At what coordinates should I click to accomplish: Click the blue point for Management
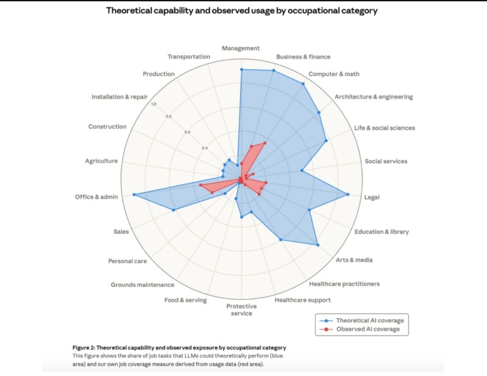coord(241,69)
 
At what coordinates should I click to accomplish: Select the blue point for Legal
coord(348,194)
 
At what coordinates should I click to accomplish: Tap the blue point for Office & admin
coord(134,194)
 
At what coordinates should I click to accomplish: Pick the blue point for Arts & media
coord(318,245)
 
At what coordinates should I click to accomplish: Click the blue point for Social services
coord(301,171)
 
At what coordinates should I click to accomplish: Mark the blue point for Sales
coord(174,210)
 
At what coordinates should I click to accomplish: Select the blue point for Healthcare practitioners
coord(281,240)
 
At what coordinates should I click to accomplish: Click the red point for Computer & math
coord(265,143)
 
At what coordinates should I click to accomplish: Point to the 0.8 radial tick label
coord(168,116)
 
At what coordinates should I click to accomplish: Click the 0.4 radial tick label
coord(205,148)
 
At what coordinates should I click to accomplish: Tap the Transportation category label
coord(189,57)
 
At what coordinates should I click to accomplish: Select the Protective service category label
coord(241,309)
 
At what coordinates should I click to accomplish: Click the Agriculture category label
coord(101,161)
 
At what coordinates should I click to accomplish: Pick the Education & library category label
coord(382,232)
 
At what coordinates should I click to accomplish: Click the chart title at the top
coord(242,11)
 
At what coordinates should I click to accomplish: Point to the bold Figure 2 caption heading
coord(179,347)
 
